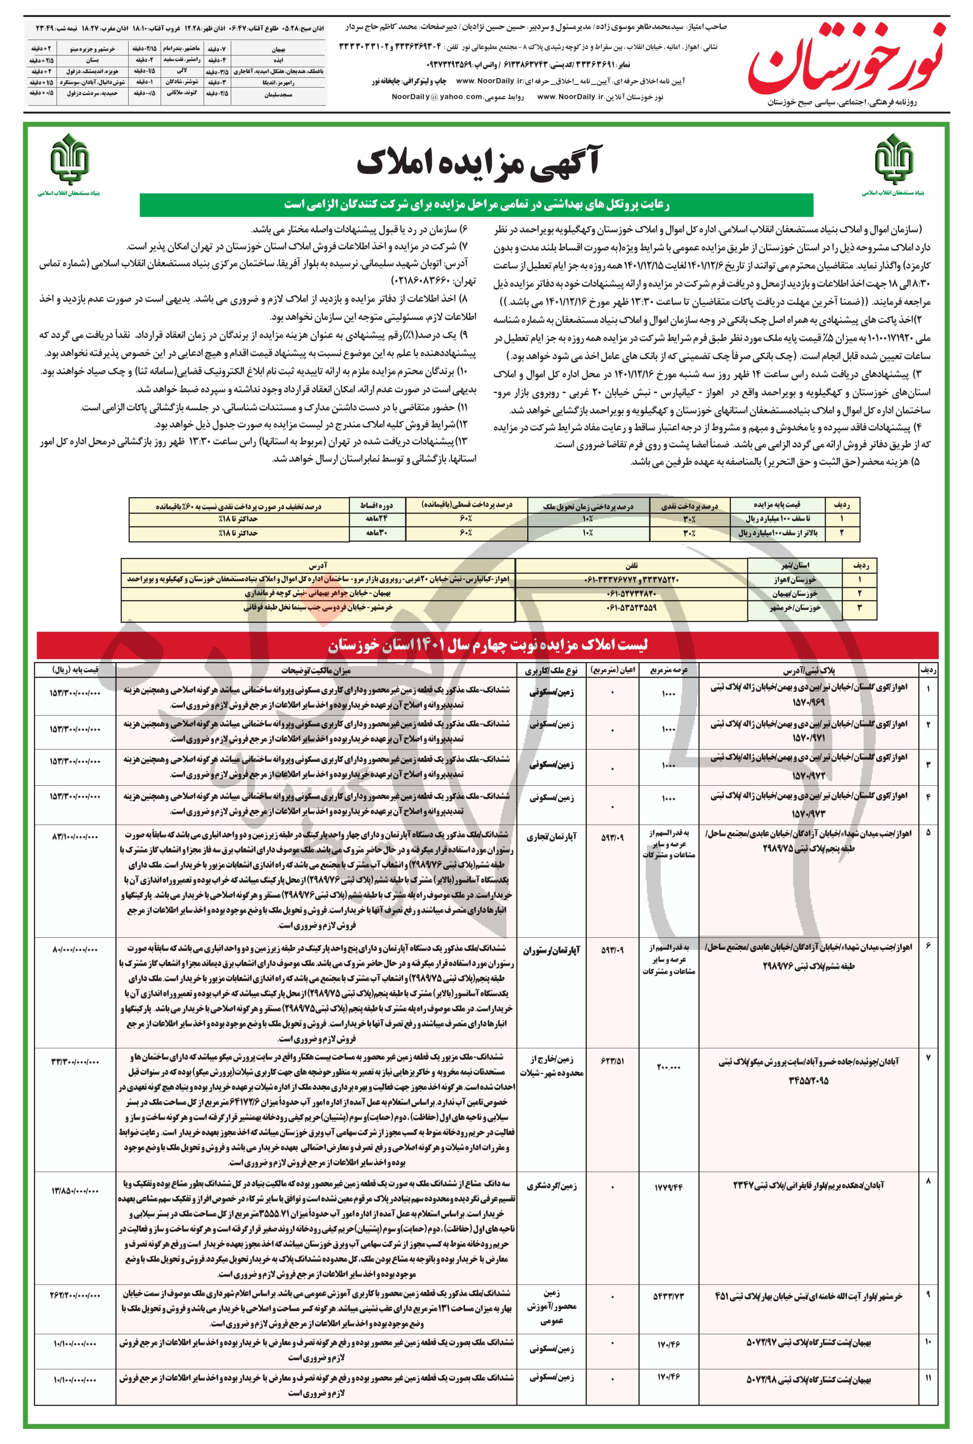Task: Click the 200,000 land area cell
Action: click(668, 1067)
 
